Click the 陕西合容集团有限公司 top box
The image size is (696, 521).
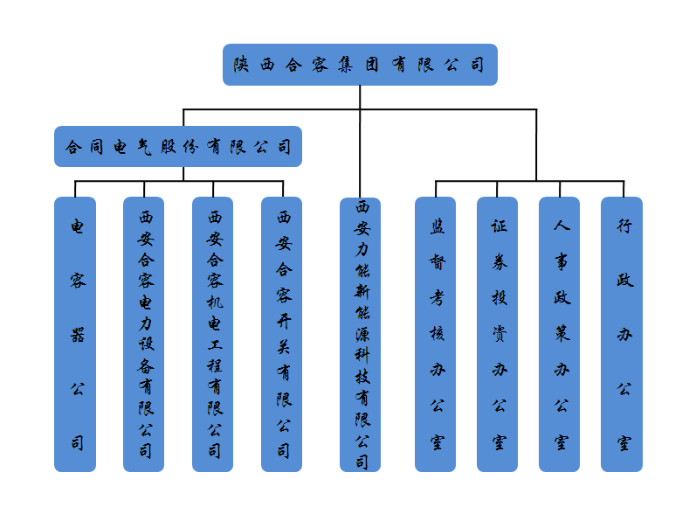pos(360,65)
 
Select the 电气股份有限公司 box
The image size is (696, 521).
pos(178,147)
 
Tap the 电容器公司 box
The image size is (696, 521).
pos(75,335)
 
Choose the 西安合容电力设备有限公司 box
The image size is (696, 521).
pos(144,335)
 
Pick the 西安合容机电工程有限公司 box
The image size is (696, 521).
pos(212,335)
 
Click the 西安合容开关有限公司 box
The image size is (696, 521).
pos(282,335)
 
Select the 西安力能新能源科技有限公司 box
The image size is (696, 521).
pos(360,335)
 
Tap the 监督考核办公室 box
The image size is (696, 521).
pos(436,335)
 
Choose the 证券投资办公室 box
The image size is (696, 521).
pos(497,335)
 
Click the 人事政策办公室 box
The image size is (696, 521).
pos(559,335)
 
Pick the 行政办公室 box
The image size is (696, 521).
pos(622,335)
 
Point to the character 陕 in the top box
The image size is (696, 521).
pos(242,65)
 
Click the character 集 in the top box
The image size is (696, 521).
pos(346,65)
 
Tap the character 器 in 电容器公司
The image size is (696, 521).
pos(77,335)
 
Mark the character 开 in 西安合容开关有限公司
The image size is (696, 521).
pos(284,321)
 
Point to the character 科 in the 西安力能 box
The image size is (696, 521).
pos(362,355)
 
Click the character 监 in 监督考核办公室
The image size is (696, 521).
pos(438,226)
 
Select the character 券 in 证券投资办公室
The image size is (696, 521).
pos(500,262)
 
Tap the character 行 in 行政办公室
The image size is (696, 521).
pos(624,226)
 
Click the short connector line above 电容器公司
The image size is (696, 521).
pos(75,189)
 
